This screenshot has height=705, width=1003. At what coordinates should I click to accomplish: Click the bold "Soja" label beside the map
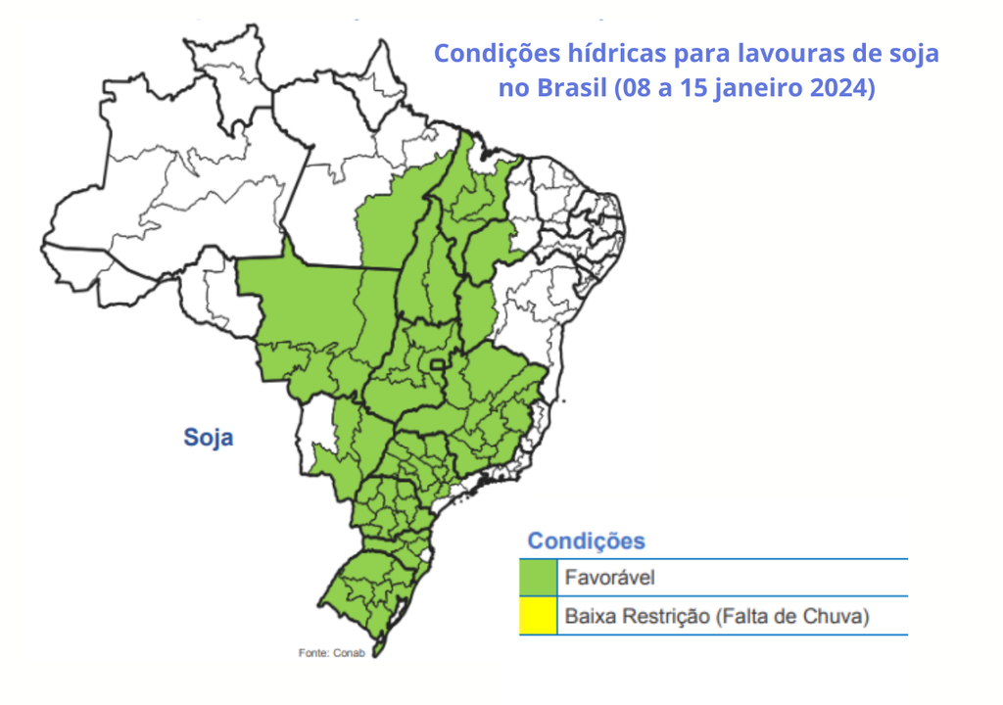click(x=209, y=437)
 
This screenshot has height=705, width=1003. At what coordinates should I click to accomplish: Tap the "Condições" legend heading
click(x=586, y=540)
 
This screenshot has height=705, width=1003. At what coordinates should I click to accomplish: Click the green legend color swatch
click(x=538, y=578)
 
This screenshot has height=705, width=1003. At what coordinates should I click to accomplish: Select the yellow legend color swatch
click(x=538, y=617)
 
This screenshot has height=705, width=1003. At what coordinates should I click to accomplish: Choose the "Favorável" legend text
click(x=609, y=578)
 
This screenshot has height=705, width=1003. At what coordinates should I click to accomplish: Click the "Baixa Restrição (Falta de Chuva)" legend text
click(x=717, y=617)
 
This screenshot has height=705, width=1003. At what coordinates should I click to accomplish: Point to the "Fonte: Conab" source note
click(x=331, y=653)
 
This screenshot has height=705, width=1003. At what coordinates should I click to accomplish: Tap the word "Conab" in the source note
click(x=347, y=653)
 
